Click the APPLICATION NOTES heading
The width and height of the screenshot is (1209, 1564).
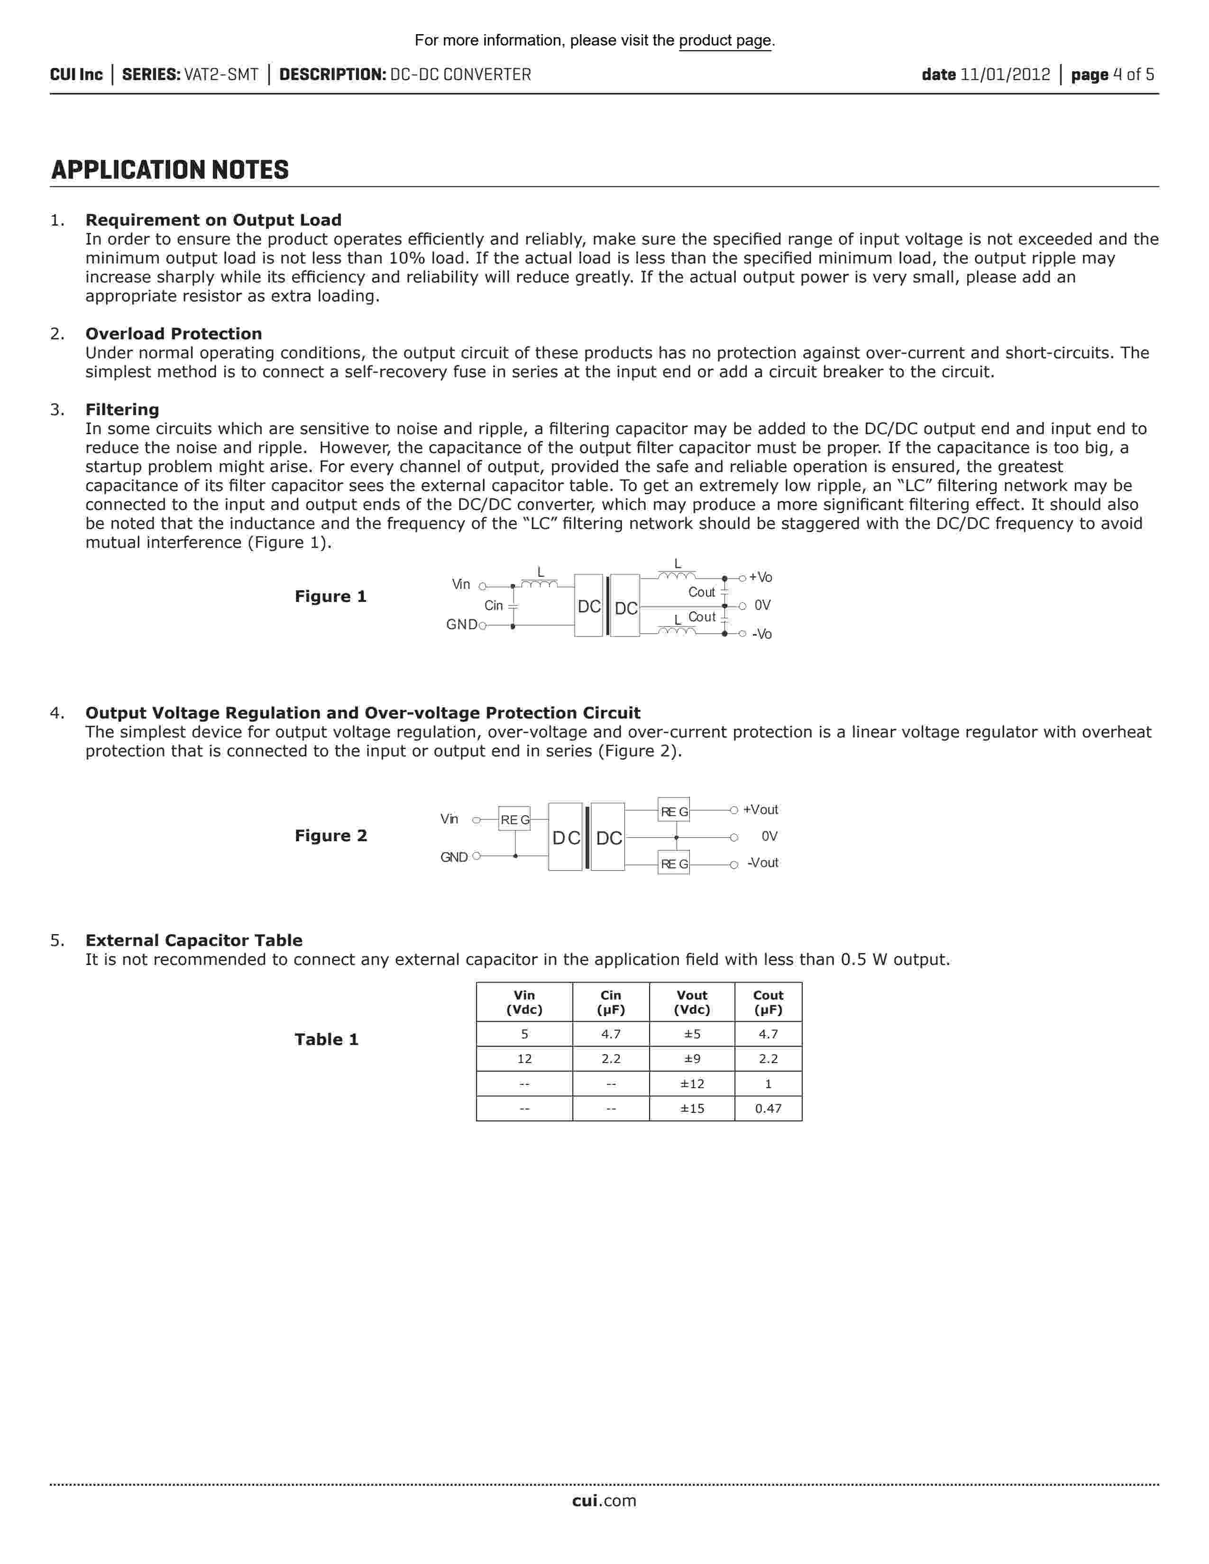tap(170, 171)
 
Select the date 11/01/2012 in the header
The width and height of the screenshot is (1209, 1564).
tap(1004, 74)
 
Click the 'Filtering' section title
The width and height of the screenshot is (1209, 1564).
tap(122, 409)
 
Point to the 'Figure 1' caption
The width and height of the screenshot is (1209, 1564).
tap(330, 597)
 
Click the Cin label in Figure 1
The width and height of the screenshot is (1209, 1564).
tap(494, 606)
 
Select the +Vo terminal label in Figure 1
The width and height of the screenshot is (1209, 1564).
tap(760, 578)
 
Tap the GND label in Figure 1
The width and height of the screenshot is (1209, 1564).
tap(461, 625)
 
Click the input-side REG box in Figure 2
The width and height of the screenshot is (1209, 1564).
tap(514, 819)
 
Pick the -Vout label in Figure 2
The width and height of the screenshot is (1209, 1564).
tap(763, 863)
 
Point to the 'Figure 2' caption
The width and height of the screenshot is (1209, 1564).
tap(330, 836)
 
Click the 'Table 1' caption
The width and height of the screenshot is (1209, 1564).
tap(326, 1040)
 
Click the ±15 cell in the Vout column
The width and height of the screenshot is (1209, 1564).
tap(692, 1109)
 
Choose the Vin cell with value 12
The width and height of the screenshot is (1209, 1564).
tap(524, 1059)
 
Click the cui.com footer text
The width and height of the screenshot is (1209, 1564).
tap(604, 1501)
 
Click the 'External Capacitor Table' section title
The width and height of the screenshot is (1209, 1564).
tap(193, 940)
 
